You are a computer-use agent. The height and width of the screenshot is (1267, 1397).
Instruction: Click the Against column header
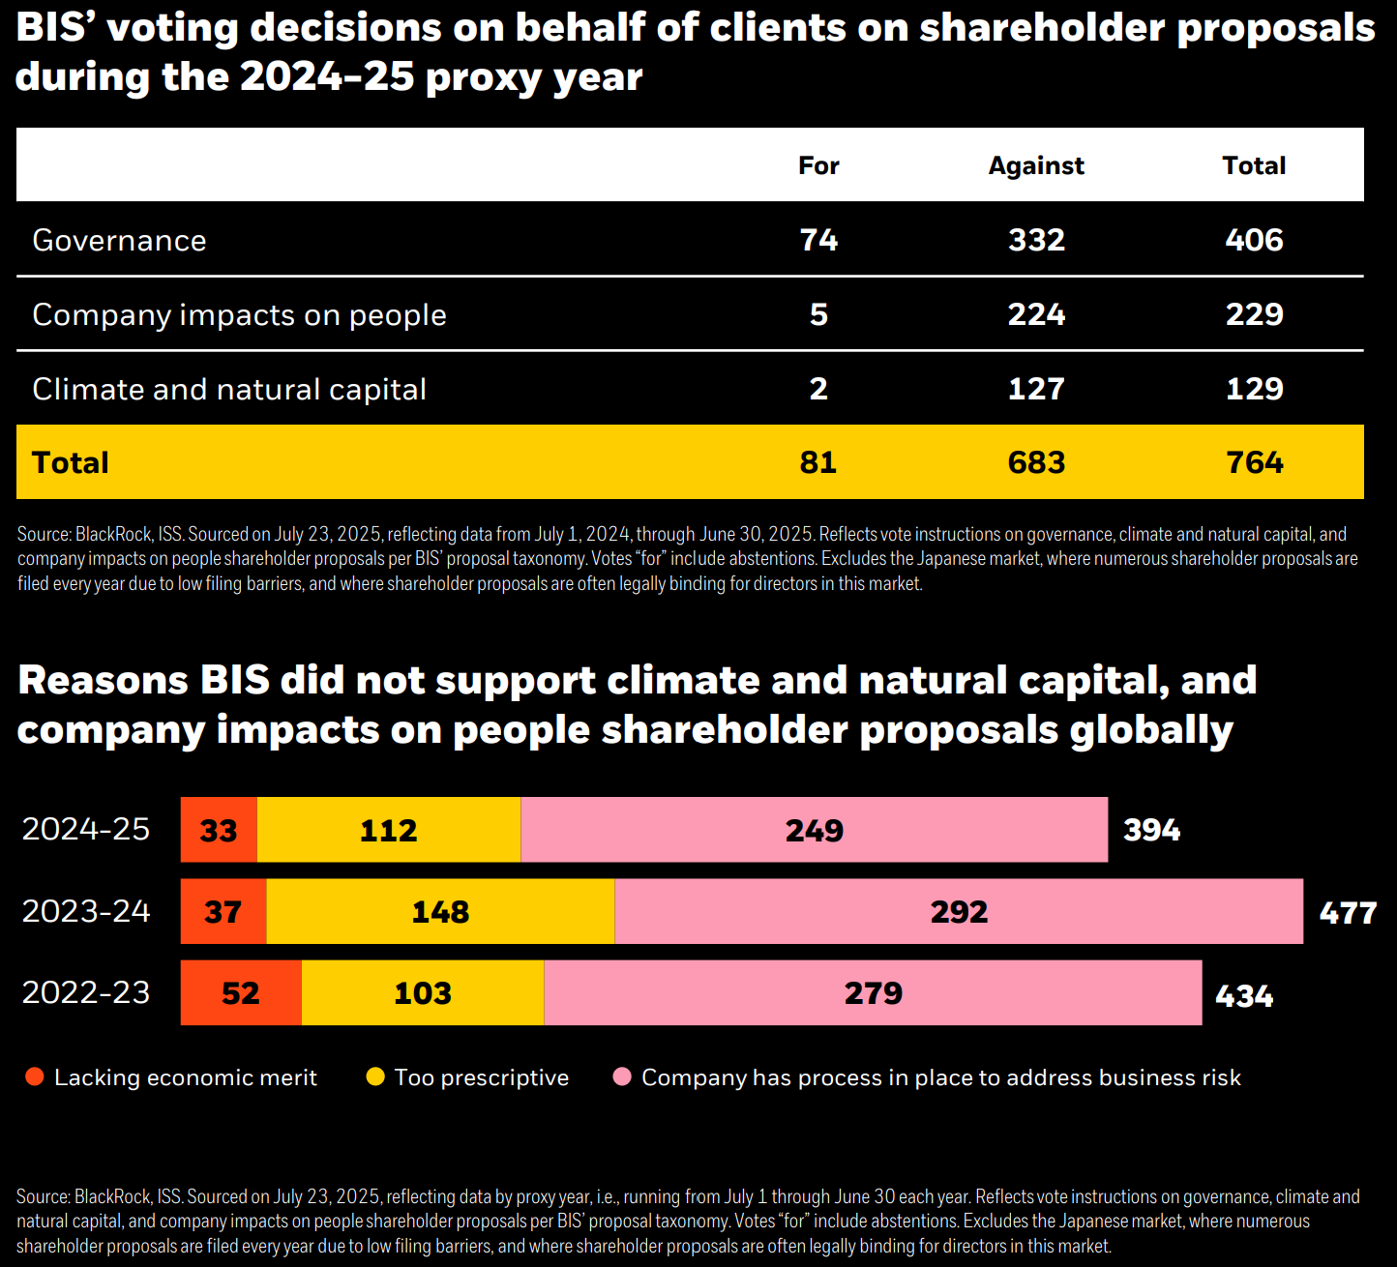click(x=1036, y=166)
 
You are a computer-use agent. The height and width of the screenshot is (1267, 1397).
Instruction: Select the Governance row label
click(x=119, y=241)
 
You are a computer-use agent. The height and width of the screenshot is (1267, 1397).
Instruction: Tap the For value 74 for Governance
click(x=818, y=240)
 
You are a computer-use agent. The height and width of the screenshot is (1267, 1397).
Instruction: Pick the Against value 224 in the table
click(x=1036, y=314)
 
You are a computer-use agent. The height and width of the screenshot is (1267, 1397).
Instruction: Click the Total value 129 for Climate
click(x=1254, y=389)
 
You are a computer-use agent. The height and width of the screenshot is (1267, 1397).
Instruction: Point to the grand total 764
click(x=1254, y=462)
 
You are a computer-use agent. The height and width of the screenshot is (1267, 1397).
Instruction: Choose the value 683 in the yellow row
click(x=1036, y=462)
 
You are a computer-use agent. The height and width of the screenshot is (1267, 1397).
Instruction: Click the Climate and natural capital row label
click(x=229, y=390)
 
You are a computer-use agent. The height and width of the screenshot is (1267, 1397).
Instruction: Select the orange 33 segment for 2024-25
click(x=219, y=830)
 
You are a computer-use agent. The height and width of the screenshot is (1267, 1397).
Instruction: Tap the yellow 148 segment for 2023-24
click(x=440, y=911)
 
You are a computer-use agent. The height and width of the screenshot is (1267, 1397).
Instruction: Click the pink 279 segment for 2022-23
click(x=873, y=992)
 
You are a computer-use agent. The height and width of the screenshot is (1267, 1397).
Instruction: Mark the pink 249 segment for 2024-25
click(x=814, y=830)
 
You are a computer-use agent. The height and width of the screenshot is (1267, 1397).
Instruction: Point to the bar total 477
click(x=1348, y=913)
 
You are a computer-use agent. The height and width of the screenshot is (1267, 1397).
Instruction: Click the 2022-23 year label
click(x=86, y=993)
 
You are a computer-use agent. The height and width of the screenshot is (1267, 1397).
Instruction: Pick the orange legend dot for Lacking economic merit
click(x=35, y=1077)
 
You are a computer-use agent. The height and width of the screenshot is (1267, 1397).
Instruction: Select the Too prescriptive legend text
click(x=481, y=1077)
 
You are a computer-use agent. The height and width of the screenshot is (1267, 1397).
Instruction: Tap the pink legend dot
click(x=622, y=1077)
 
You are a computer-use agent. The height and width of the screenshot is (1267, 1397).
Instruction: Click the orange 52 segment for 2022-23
click(x=241, y=992)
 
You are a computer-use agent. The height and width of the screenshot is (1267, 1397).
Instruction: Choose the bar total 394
click(x=1151, y=830)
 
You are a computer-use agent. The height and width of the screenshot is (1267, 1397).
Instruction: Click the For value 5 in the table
click(x=818, y=314)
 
